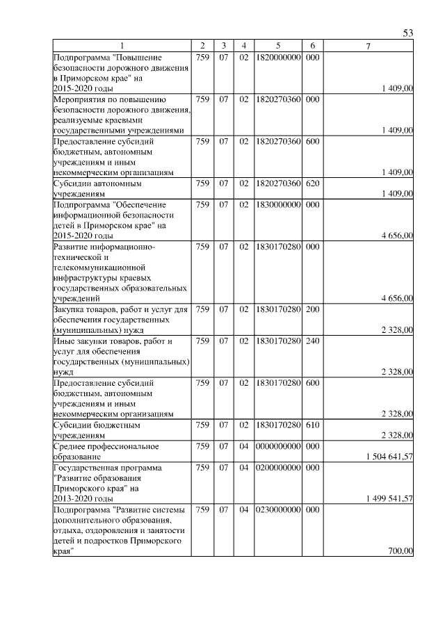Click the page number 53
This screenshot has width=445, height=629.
point(408,33)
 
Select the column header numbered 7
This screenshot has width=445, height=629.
point(369,46)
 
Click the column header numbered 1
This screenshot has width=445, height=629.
point(122,46)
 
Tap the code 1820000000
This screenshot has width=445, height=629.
point(277,56)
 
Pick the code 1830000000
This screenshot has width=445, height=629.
point(277,205)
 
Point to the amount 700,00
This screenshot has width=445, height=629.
point(400,551)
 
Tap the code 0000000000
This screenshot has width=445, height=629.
point(277,446)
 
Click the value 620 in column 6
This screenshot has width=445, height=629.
point(312,184)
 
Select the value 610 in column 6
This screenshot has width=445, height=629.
point(312,424)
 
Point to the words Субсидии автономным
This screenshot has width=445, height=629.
point(97,184)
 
